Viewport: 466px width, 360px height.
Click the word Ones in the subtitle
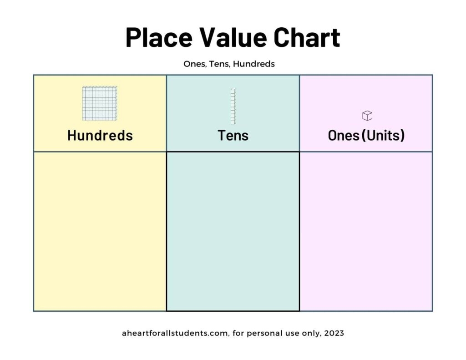click(x=195, y=64)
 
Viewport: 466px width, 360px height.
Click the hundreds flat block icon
click(x=100, y=103)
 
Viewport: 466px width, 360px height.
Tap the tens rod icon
click(x=233, y=106)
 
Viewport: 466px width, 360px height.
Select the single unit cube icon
click(x=367, y=116)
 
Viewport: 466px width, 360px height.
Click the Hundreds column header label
click(x=100, y=135)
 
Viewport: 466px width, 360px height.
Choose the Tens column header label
click(x=233, y=135)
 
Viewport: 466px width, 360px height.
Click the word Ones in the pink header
click(x=344, y=135)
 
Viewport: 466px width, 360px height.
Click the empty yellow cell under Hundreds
click(x=100, y=231)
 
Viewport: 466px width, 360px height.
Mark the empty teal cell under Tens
click(x=233, y=231)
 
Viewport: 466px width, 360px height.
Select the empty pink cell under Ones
click(x=366, y=231)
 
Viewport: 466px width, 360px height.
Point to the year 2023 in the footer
click(x=334, y=333)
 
